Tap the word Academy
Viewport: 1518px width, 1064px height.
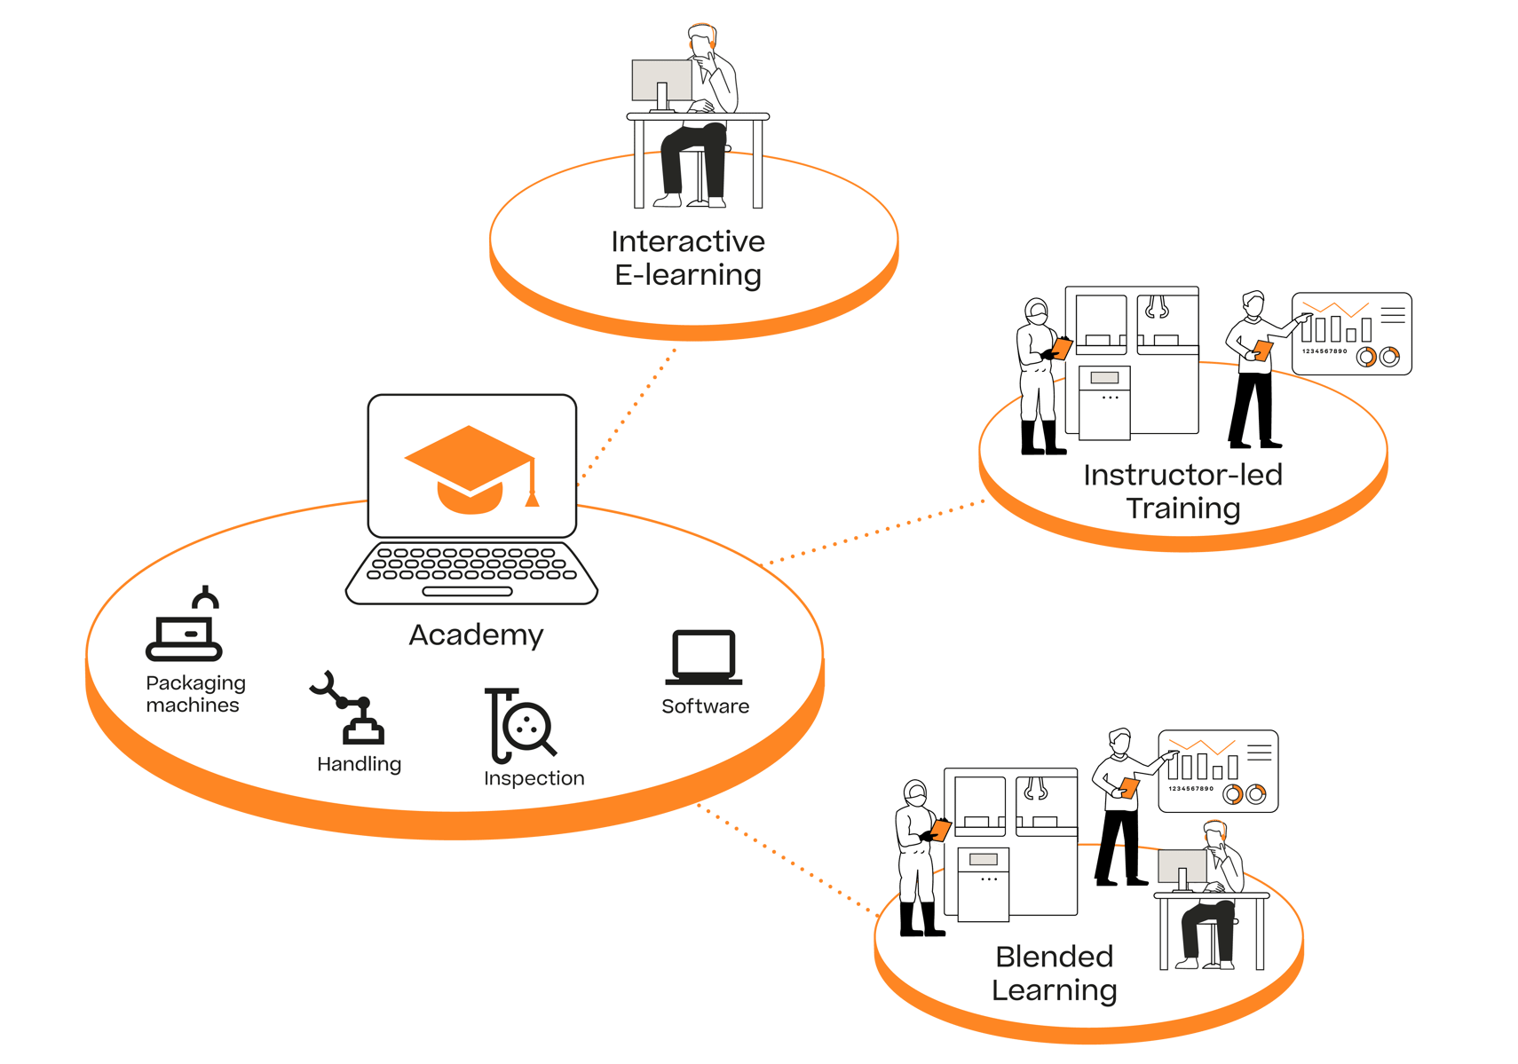[476, 635]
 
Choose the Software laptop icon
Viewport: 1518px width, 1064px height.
[704, 658]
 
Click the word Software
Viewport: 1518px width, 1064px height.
[705, 706]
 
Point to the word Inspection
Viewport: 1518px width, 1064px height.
[534, 778]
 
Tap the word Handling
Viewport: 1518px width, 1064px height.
[359, 764]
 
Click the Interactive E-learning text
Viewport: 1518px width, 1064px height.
[688, 258]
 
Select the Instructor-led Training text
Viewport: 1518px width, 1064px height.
[1182, 492]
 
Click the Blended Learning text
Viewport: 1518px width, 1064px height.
[1054, 973]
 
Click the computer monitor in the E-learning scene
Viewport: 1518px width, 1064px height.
[661, 81]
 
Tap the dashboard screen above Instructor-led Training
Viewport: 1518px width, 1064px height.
[1351, 334]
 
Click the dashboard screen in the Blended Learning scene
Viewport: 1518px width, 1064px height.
[1218, 771]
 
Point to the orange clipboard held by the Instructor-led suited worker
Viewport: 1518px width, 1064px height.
[1062, 347]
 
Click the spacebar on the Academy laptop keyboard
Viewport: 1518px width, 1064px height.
[468, 591]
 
